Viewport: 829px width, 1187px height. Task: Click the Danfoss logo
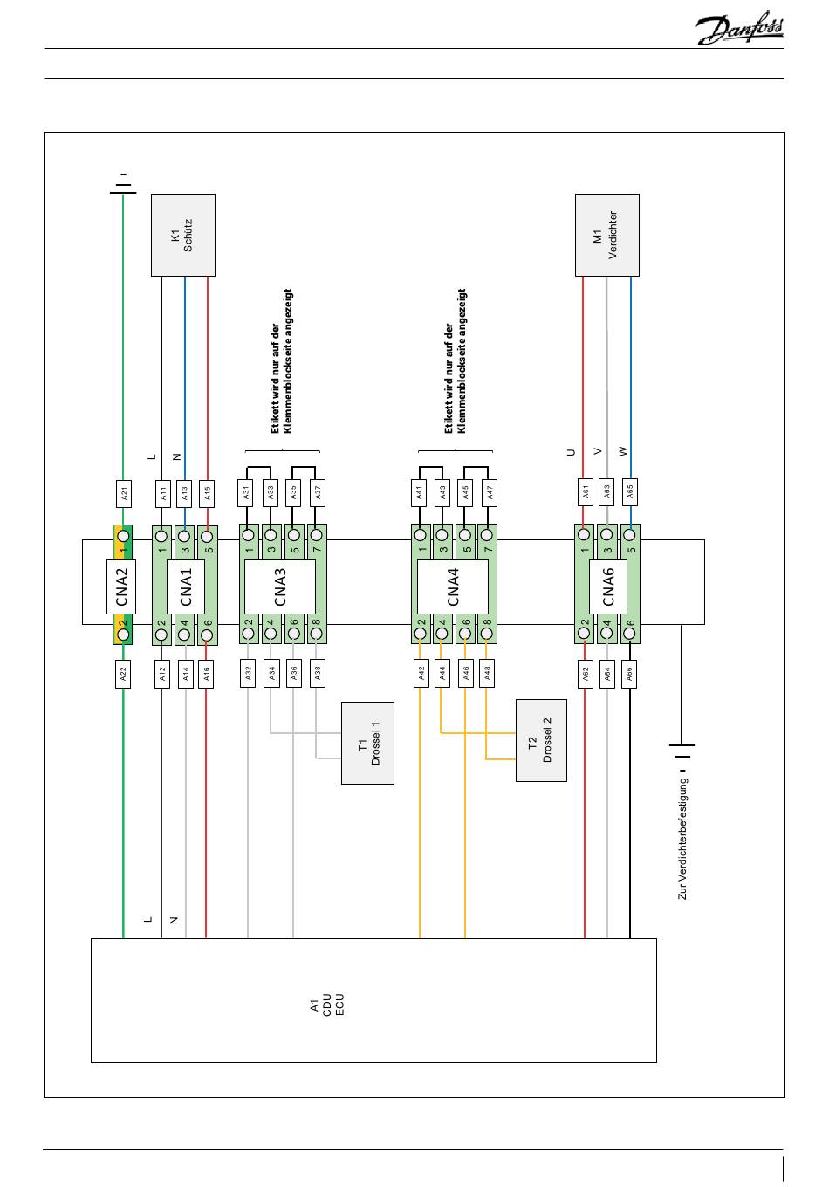pos(739,31)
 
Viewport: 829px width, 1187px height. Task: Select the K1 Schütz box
pos(183,235)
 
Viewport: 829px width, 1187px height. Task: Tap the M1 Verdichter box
pos(606,235)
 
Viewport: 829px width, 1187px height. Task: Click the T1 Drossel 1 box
pos(367,743)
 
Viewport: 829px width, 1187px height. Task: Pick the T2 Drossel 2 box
pos(541,740)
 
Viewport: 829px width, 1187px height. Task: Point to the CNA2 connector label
pos(122,586)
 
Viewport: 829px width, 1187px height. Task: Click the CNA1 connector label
pos(186,586)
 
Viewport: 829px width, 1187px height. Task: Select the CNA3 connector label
pos(279,587)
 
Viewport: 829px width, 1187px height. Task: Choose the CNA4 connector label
pos(452,587)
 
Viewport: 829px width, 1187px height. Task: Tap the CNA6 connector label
pos(608,586)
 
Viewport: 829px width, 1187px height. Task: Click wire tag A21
pos(124,493)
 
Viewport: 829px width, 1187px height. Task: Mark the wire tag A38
pos(318,673)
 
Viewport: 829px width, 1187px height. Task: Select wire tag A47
pos(490,493)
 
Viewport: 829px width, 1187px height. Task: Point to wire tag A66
pos(629,674)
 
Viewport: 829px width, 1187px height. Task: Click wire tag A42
pos(421,673)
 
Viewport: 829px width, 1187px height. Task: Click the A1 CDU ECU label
pos(327,1004)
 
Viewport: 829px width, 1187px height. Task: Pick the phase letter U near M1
pos(572,452)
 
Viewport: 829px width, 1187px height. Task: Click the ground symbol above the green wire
pos(123,183)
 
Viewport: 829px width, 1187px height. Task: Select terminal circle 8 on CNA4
pos(487,635)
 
